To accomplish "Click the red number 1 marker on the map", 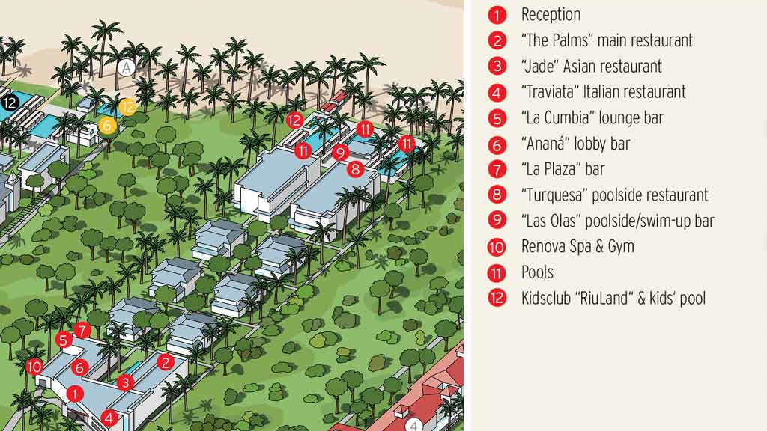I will coord(74,392).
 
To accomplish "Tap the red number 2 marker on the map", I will coord(166,362).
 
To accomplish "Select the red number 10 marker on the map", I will coord(34,367).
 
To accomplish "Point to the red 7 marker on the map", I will coord(82,329).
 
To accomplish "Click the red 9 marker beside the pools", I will coord(342,153).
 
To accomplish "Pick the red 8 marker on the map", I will coord(355,168).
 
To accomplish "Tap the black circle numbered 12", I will coord(9,103).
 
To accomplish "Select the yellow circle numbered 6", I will coord(107,126).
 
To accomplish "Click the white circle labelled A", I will coord(125,68).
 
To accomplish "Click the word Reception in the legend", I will coord(551,15).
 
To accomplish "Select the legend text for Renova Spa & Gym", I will coord(577,246).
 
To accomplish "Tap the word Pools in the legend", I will coord(537,272).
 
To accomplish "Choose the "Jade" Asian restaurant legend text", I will coord(592,67).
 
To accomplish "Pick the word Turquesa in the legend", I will coord(555,195).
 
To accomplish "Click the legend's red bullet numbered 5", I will coord(497,118).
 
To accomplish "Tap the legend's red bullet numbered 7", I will coord(497,169).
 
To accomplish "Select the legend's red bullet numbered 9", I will coord(497,221).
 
